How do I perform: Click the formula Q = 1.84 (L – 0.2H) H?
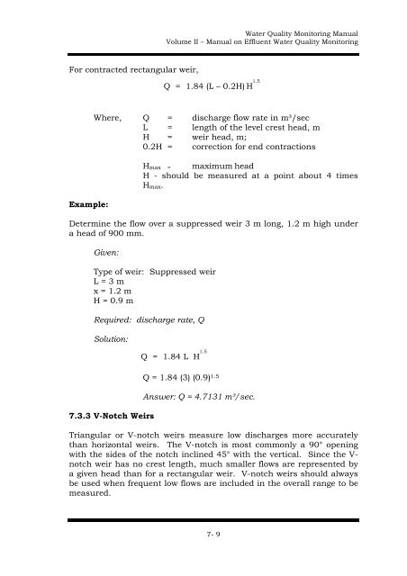210,88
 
